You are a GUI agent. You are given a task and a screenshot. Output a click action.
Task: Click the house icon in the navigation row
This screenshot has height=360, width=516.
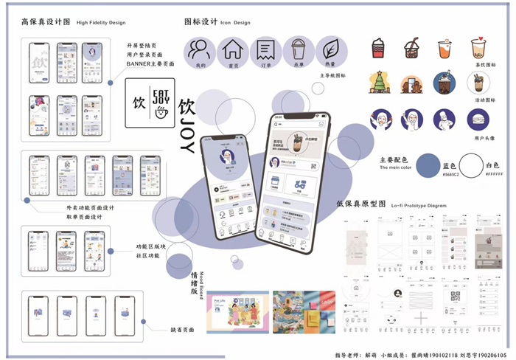click(x=233, y=49)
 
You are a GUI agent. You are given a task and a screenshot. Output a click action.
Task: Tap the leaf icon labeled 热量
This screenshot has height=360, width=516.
click(x=332, y=49)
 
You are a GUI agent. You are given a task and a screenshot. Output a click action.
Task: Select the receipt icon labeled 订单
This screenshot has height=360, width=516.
click(x=266, y=49)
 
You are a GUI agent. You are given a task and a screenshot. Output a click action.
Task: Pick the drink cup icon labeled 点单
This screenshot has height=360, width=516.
click(x=299, y=49)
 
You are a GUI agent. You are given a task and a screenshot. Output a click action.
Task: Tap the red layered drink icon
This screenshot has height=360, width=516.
click(x=377, y=49)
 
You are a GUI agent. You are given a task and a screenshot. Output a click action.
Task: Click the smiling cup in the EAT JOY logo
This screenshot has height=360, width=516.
click(x=161, y=112)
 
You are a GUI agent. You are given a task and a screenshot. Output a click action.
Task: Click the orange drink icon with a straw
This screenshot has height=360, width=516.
click(x=444, y=49)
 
